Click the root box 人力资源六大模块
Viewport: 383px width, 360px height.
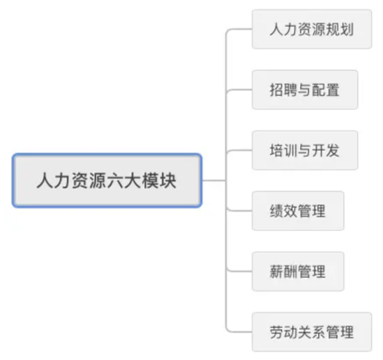[x=107, y=181]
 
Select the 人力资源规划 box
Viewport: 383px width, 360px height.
[x=312, y=29]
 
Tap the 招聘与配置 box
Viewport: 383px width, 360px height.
[x=305, y=90]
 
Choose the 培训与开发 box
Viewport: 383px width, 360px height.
[x=305, y=151]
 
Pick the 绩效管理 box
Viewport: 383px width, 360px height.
[x=298, y=211]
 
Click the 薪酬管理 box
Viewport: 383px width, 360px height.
[x=298, y=272]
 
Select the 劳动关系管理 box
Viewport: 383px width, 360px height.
[x=312, y=332]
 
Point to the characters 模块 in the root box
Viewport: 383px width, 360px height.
[x=159, y=181]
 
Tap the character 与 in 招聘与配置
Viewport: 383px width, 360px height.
[x=304, y=90]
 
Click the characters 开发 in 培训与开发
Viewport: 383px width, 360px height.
[x=326, y=151]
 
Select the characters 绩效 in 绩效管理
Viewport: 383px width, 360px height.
[x=284, y=211]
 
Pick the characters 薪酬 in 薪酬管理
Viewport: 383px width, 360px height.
[x=284, y=272]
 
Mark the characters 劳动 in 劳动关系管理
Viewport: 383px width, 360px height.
[x=284, y=332]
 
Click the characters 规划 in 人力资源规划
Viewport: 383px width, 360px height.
[x=340, y=29]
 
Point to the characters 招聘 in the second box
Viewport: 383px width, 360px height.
[x=284, y=90]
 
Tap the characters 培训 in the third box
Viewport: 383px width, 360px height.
[x=284, y=151]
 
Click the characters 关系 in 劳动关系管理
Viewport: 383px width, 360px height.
[x=311, y=332]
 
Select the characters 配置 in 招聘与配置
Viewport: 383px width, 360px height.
[x=326, y=90]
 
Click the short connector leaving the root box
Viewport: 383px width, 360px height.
[x=214, y=181]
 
